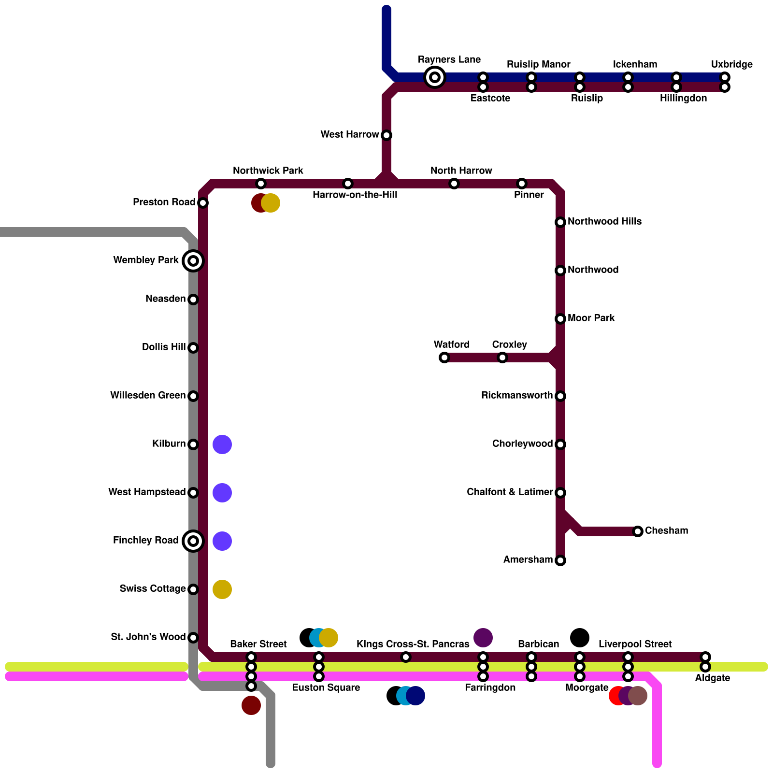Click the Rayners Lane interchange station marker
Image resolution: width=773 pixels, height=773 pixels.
[435, 77]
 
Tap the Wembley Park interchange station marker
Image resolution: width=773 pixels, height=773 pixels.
[193, 261]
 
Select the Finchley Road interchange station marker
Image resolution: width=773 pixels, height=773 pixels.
[193, 541]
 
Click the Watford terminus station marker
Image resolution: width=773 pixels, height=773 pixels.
[444, 358]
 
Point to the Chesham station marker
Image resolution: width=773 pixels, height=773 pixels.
[638, 531]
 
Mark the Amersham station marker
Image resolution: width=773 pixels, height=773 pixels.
[560, 560]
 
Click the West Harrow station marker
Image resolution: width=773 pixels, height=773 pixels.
[386, 135]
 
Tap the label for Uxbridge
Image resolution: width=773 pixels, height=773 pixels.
[731, 64]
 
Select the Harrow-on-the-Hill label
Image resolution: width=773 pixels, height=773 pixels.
[355, 195]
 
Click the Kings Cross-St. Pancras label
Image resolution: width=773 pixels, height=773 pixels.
[413, 644]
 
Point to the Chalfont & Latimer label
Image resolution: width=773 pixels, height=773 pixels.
[510, 492]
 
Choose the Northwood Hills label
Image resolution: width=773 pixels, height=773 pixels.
[604, 221]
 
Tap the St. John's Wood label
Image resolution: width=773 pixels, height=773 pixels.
[148, 637]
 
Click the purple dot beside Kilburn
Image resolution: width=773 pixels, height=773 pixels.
[222, 444]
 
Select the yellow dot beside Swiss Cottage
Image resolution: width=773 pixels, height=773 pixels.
[222, 589]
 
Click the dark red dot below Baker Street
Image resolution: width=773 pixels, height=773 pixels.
[251, 705]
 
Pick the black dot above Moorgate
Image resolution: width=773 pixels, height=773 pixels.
[580, 638]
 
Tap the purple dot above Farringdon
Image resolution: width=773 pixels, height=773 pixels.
[483, 638]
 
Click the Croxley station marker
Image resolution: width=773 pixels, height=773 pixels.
[502, 358]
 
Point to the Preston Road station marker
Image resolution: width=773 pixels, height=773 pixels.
[203, 203]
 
